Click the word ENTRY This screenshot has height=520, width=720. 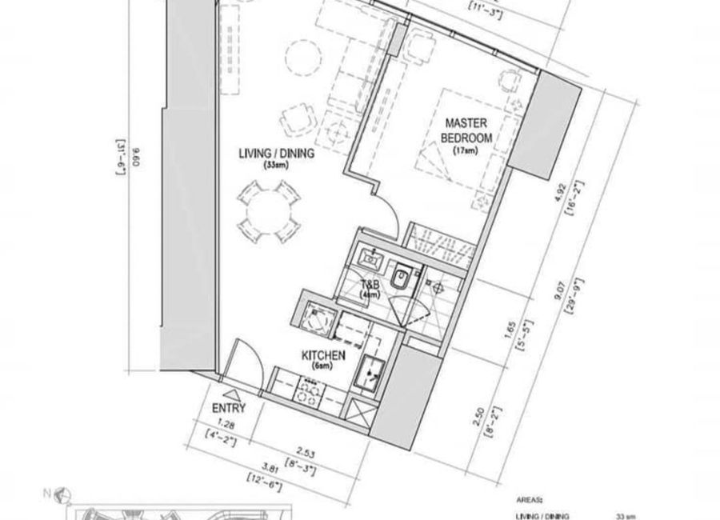(230, 408)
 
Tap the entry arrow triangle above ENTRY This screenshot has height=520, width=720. (230, 394)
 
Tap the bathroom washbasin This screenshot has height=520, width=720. (371, 258)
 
